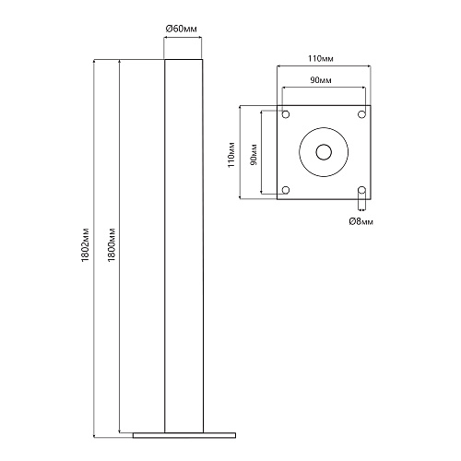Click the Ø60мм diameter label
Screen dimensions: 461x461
[x=182, y=29]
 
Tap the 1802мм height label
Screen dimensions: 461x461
[x=85, y=245]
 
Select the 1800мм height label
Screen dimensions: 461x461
[x=112, y=245]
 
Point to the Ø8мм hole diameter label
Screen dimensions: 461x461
[x=361, y=221]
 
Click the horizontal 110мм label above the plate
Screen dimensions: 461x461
[x=321, y=58]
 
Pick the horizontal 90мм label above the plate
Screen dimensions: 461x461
[x=321, y=80]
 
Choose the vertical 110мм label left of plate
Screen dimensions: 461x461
[x=231, y=155]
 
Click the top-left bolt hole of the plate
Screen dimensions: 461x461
[x=286, y=114]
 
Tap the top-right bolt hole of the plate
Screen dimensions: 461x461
[x=362, y=114]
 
